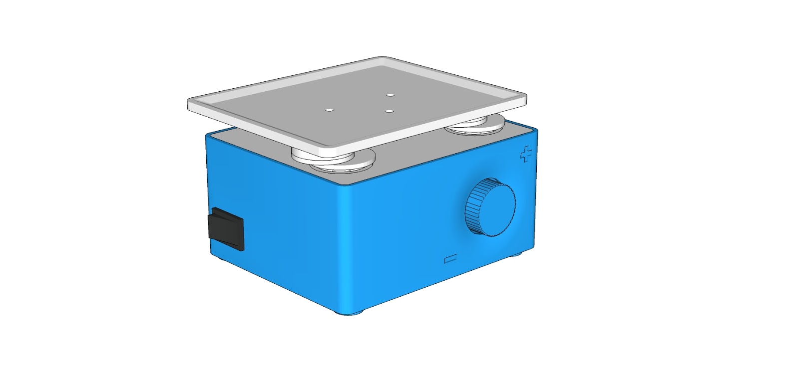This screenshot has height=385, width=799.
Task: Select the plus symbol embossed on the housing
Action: tap(526, 155)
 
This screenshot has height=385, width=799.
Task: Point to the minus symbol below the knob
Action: tap(451, 259)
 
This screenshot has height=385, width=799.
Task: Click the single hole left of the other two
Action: tap(329, 109)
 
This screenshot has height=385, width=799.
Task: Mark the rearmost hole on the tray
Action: tap(391, 94)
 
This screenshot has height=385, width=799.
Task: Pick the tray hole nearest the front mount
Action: tap(390, 111)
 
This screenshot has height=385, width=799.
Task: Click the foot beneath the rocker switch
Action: tap(221, 258)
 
